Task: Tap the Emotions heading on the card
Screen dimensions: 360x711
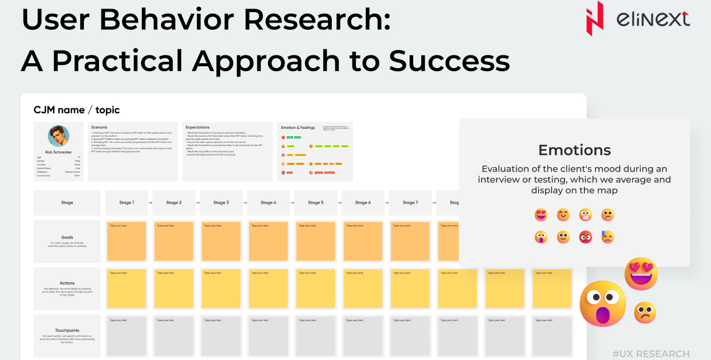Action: click(574, 150)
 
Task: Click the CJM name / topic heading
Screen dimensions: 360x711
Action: click(77, 110)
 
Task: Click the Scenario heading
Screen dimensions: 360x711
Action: click(99, 127)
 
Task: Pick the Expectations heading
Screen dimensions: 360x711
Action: click(197, 127)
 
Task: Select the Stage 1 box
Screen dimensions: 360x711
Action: click(126, 202)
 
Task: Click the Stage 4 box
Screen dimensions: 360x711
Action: click(267, 202)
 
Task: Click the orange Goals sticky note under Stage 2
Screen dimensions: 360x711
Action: click(173, 241)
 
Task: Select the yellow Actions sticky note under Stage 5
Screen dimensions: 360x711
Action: click(315, 288)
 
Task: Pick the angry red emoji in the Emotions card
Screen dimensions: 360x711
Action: click(585, 237)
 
